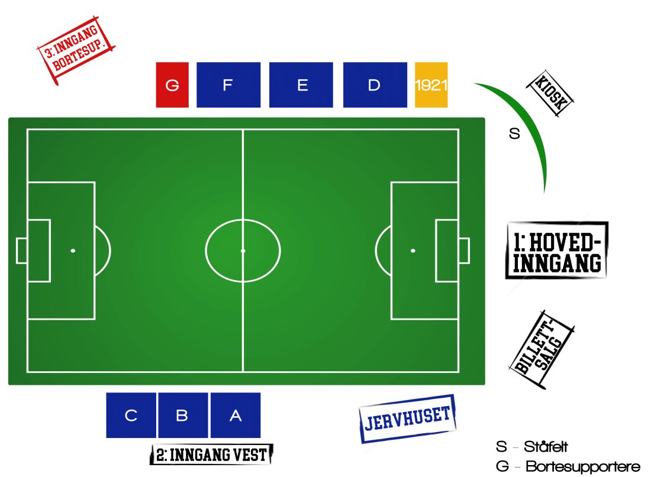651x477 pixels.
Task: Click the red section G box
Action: [172, 85]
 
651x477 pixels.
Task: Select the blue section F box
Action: [228, 85]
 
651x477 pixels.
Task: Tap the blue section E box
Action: [301, 85]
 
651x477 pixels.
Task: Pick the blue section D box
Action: [375, 85]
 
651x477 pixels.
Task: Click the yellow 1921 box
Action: [431, 85]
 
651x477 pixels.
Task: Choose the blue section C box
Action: [131, 415]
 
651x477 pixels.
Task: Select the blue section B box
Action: [183, 415]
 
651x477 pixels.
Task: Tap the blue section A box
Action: [236, 415]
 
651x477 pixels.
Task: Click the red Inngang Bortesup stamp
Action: [76, 50]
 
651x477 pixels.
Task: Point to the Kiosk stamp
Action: [550, 93]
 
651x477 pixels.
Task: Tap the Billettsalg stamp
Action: [542, 350]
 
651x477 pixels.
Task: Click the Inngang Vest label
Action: [211, 455]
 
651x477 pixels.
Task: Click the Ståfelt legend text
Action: [546, 447]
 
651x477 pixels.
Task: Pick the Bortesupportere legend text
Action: [583, 466]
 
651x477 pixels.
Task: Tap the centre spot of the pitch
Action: [243, 251]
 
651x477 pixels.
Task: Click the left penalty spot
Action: [73, 251]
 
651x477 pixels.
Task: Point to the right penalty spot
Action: [412, 251]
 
